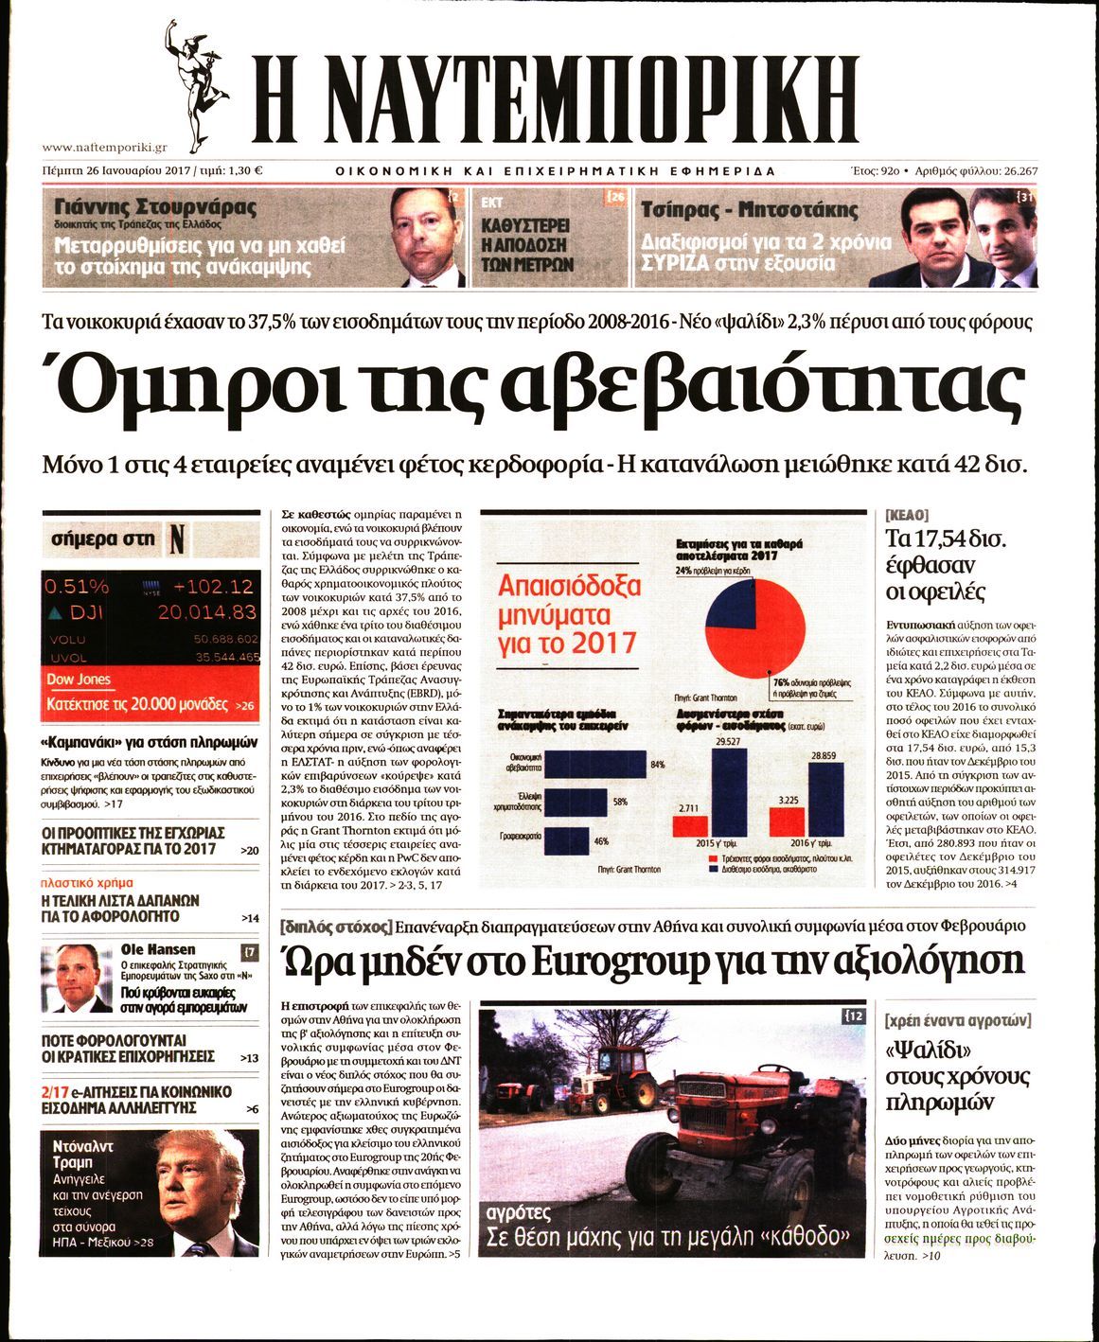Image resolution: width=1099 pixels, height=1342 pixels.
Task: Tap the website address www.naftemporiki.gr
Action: [105, 148]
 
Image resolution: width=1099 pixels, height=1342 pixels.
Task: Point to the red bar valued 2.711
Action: [689, 826]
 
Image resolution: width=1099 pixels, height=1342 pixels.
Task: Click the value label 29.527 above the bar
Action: [728, 741]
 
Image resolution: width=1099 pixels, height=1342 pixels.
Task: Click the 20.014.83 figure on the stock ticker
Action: [206, 612]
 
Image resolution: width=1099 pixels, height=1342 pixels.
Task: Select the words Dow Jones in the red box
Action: [79, 680]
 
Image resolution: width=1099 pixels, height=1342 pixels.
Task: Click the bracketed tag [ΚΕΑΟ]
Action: [906, 516]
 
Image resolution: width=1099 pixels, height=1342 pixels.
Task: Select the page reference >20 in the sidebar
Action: [249, 851]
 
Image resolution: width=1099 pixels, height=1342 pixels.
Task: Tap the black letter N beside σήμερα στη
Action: [176, 539]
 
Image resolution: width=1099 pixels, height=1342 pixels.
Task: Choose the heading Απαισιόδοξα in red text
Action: [569, 585]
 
